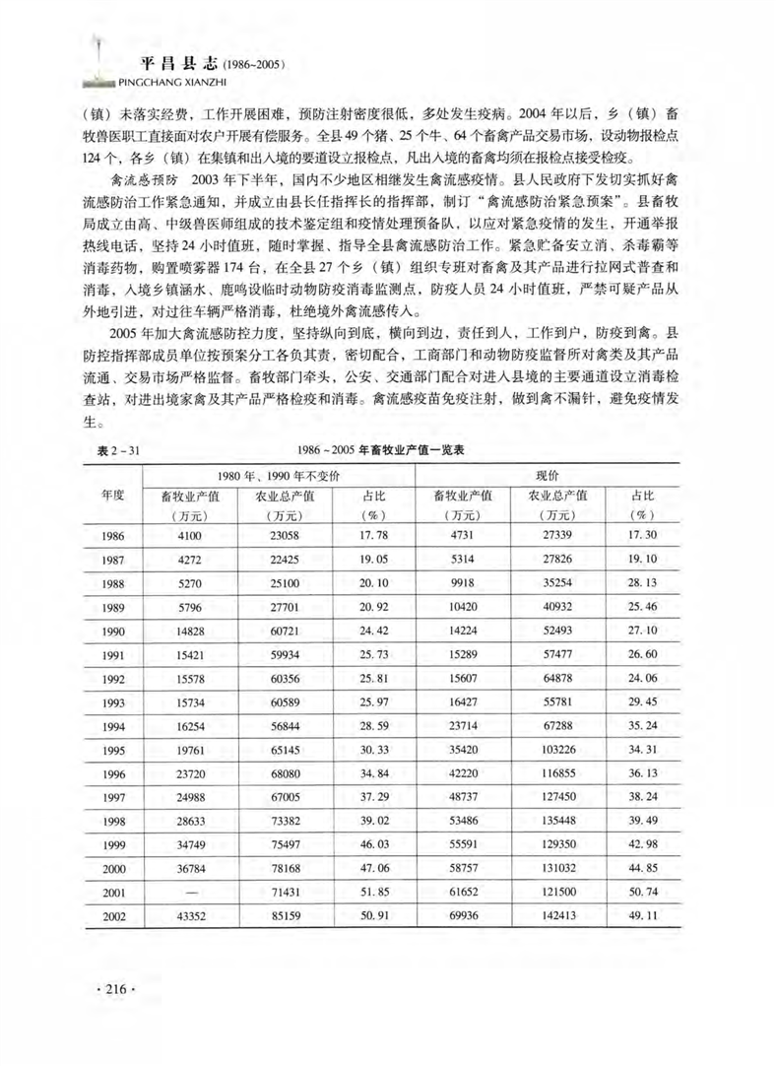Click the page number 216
(110, 989)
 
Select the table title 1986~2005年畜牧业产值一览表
(400, 449)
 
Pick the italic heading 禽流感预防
(145, 183)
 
